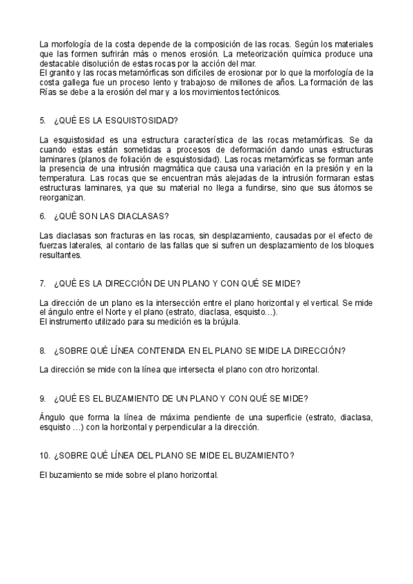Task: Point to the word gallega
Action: (x=71, y=82)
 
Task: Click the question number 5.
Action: (x=43, y=121)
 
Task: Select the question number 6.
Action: (x=43, y=216)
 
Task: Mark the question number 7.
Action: (x=43, y=283)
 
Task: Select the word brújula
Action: (x=224, y=322)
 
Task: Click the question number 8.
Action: (x=43, y=351)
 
